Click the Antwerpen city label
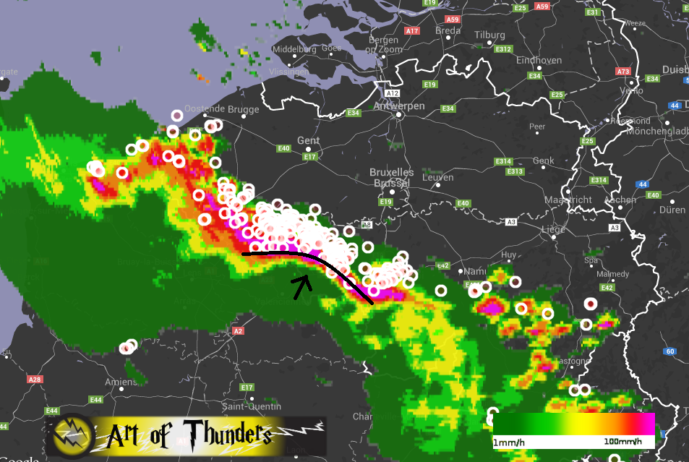[399, 106]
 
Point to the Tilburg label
[489, 35]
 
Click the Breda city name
[449, 30]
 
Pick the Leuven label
[439, 177]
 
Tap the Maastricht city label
[568, 200]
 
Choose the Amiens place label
[119, 382]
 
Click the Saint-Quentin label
[251, 406]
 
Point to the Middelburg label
[294, 50]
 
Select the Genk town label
[543, 161]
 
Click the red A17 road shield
[412, 31]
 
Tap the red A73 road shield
[622, 71]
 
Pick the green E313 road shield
[515, 171]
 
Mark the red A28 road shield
[34, 379]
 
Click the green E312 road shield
[504, 49]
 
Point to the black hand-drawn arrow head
[303, 281]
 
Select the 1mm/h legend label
[510, 441]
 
